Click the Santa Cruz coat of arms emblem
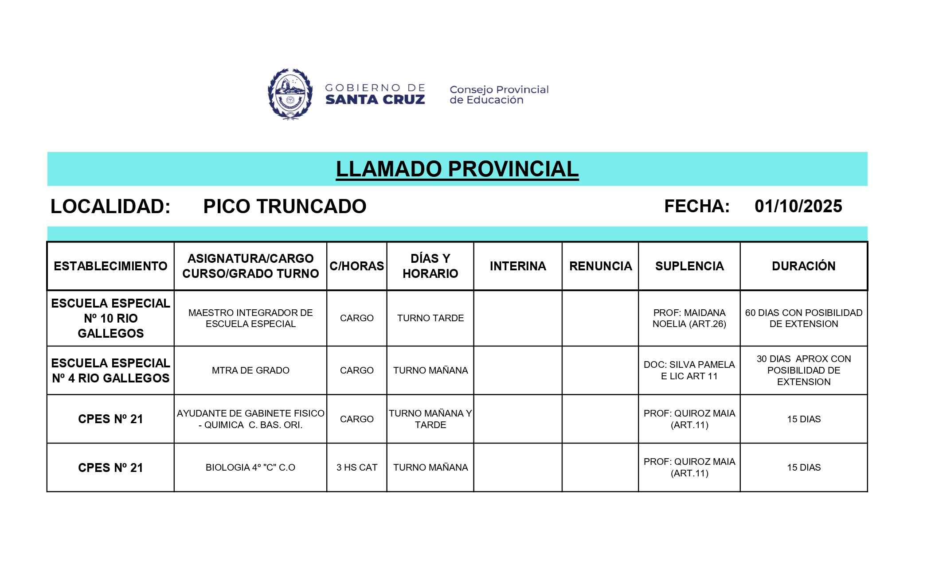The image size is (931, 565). click(290, 94)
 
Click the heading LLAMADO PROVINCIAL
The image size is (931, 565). click(457, 169)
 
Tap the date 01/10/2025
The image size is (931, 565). click(798, 207)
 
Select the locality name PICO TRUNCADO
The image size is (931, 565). click(285, 207)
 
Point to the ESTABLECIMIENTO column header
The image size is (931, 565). click(110, 266)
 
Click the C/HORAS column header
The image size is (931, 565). click(356, 266)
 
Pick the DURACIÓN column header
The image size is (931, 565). click(803, 266)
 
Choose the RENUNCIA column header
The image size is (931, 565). click(600, 266)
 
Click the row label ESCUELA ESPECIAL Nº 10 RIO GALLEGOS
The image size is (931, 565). click(110, 318)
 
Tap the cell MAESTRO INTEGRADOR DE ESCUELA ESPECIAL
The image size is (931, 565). click(250, 318)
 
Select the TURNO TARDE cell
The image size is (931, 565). click(430, 318)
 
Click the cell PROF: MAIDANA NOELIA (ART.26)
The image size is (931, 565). click(689, 318)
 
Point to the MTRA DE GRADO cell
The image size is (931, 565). click(250, 370)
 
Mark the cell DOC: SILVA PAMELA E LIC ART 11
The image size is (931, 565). click(689, 370)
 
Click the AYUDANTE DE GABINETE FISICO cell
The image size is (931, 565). click(250, 419)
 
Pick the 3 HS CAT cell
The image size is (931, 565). click(356, 468)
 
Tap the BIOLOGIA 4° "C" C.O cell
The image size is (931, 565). click(250, 468)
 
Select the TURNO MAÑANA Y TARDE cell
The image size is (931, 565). click(430, 419)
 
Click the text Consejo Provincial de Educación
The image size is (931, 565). click(499, 95)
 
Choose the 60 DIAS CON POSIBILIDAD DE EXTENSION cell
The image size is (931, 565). click(803, 318)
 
